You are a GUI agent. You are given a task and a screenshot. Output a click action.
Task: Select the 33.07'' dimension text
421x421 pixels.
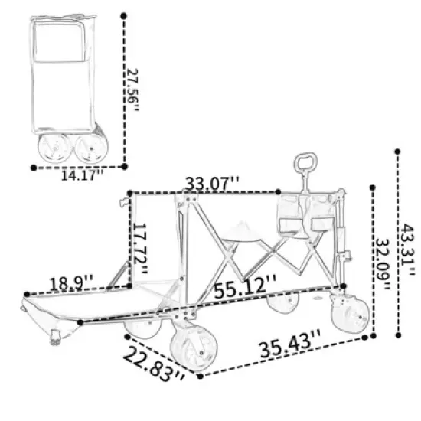pos(212,184)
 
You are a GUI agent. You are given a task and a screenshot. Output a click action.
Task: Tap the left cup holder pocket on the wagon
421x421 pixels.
pos(289,215)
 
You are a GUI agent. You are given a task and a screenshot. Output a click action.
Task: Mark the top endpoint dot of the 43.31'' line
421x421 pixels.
pos(397,152)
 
